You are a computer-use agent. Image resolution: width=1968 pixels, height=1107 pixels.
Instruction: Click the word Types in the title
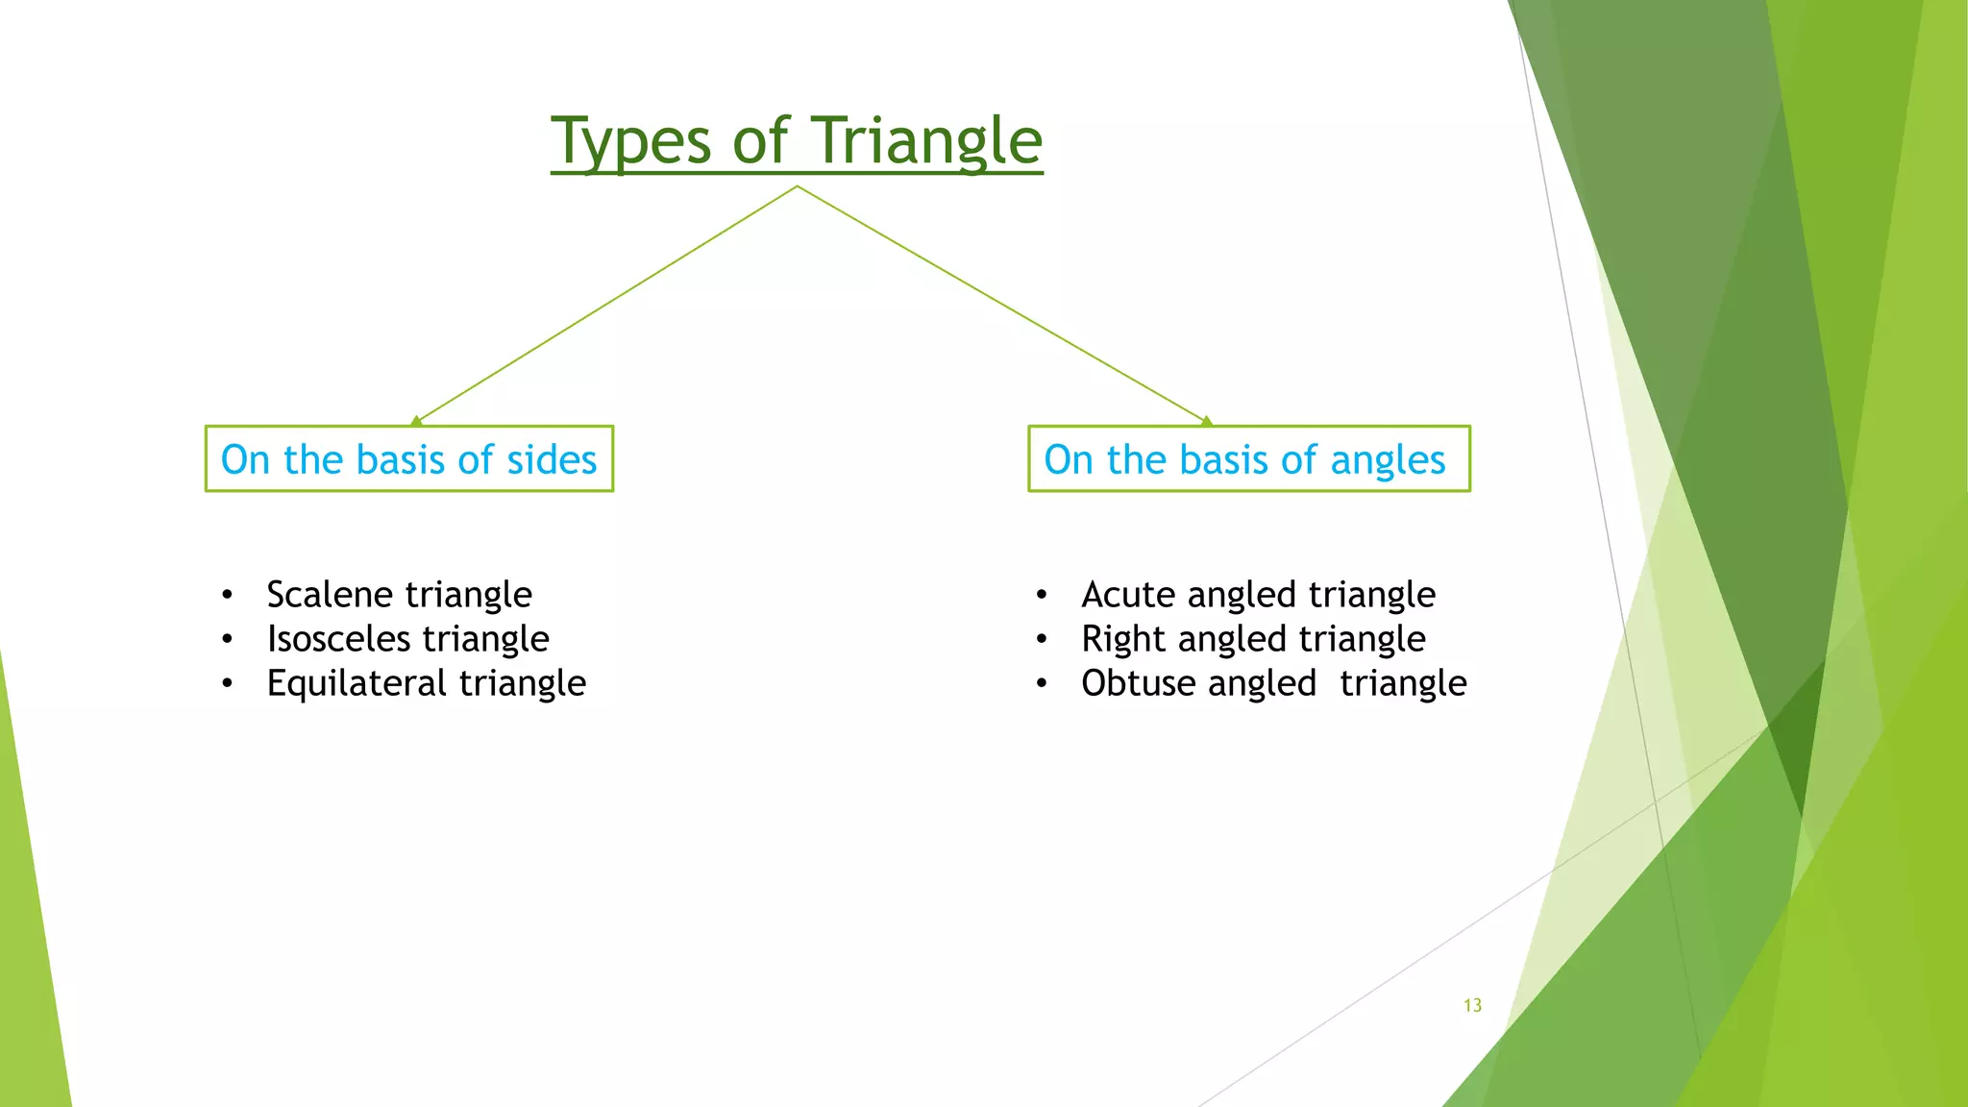tap(631, 142)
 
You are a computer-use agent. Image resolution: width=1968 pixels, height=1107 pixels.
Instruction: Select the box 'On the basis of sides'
tap(409, 459)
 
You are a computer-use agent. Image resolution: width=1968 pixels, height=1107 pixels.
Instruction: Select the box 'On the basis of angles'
tap(1248, 459)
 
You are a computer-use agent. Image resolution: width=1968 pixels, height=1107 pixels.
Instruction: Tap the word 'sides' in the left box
tap(552, 460)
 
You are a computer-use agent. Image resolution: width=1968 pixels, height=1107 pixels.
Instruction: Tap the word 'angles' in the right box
tap(1388, 461)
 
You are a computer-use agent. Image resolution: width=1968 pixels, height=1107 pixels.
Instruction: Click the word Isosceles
tap(338, 639)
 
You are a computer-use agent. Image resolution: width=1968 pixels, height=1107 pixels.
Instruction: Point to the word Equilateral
tap(357, 684)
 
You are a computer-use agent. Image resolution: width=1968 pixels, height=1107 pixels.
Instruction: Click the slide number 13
tap(1472, 1005)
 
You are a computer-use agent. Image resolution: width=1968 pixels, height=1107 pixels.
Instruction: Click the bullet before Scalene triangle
tap(227, 596)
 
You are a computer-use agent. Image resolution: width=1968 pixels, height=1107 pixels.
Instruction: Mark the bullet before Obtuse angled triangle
tap(1042, 684)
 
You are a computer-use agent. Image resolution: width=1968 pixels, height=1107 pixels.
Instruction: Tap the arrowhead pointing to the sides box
tap(416, 421)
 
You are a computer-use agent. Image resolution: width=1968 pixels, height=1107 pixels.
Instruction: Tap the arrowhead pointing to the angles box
tap(1207, 421)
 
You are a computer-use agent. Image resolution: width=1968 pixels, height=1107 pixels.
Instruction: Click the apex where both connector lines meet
tap(797, 186)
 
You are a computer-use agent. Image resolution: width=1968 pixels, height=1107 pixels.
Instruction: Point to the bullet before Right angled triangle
tap(1042, 640)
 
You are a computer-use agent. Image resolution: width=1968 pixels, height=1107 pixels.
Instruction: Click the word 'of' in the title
tap(759, 142)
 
